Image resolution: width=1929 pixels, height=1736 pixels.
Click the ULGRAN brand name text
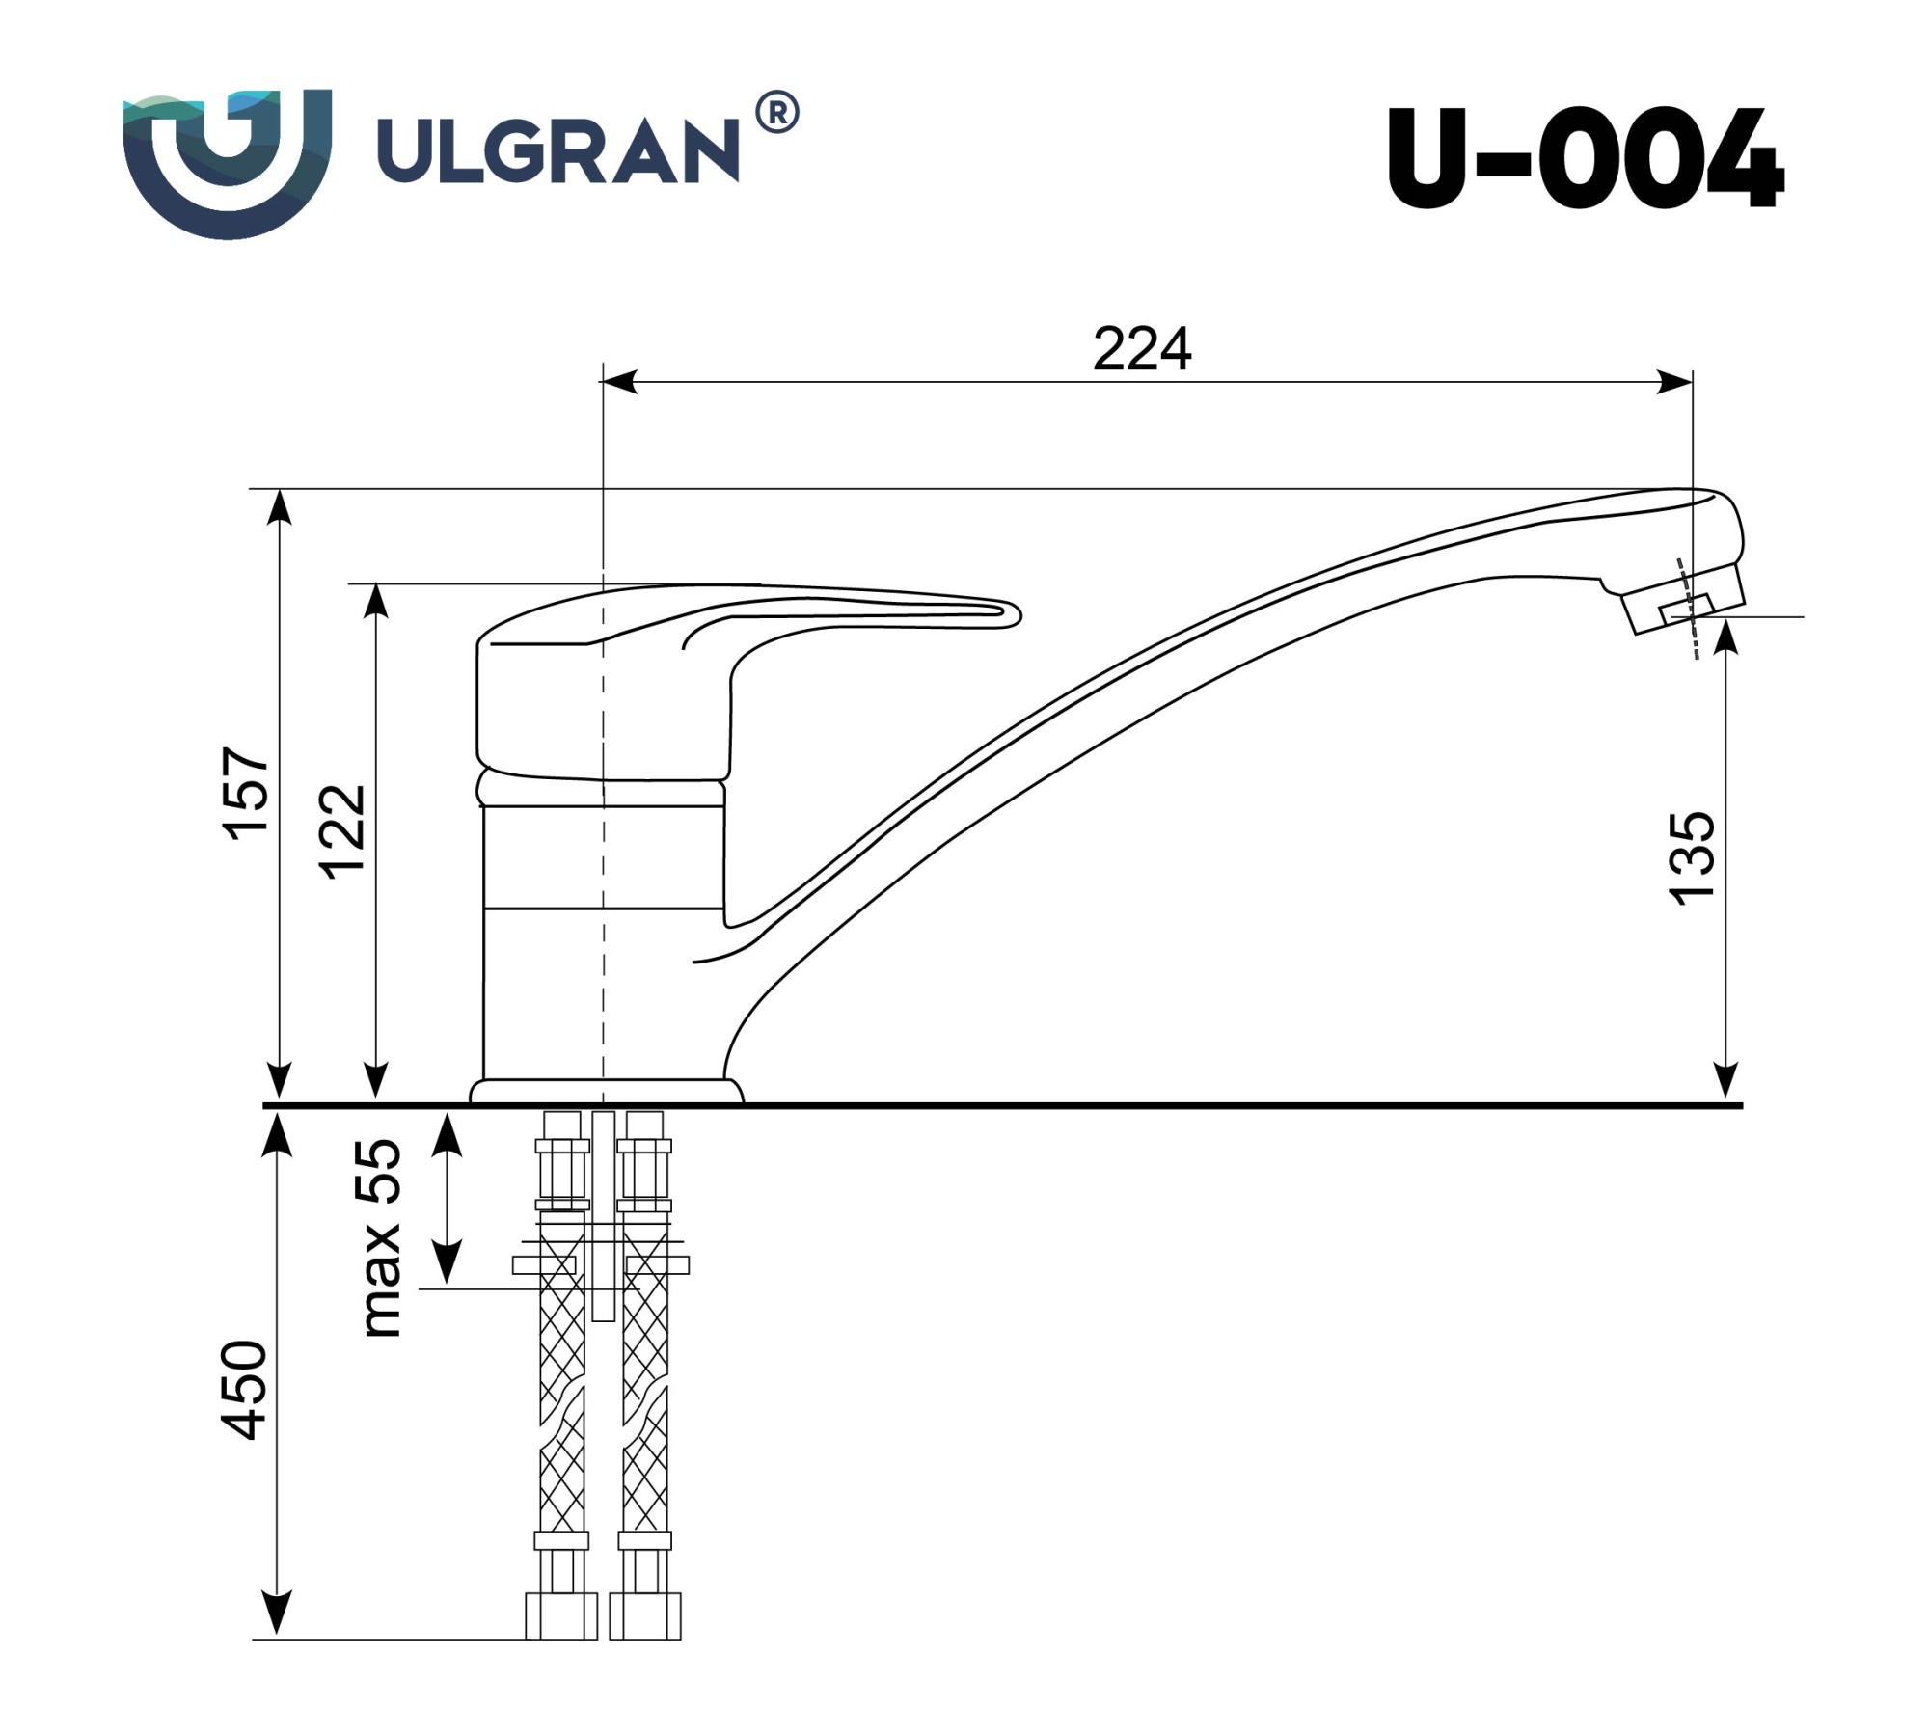pyautogui.click(x=557, y=150)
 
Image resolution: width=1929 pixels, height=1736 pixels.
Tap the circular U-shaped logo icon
pyautogui.click(x=228, y=162)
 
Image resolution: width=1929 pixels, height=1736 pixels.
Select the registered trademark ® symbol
pyautogui.click(x=776, y=114)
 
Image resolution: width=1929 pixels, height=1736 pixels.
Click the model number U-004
pyautogui.click(x=1585, y=159)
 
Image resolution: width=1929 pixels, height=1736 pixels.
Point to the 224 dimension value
pyautogui.click(x=1142, y=349)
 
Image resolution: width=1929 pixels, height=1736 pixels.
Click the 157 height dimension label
pyautogui.click(x=247, y=793)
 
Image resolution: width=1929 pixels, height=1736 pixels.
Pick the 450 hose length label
pyautogui.click(x=244, y=1390)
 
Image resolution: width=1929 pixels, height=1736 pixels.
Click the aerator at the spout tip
pyautogui.click(x=1686, y=608)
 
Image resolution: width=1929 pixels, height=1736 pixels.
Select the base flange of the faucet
pyautogui.click(x=606, y=1091)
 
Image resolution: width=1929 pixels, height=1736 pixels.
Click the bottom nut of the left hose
pyautogui.click(x=561, y=1615)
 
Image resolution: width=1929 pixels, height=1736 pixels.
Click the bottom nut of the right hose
pyautogui.click(x=645, y=1615)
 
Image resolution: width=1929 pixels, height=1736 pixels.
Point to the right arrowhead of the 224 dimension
pyautogui.click(x=1676, y=382)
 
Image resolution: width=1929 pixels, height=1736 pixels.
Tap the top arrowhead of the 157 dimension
pyautogui.click(x=280, y=505)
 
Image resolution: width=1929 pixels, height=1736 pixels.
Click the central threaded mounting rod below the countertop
pyautogui.click(x=603, y=1215)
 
